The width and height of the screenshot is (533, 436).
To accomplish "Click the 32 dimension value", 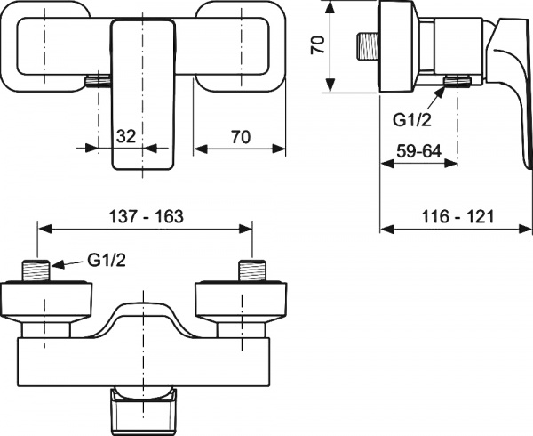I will tap(126, 136).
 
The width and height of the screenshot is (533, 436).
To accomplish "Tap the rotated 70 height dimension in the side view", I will tap(317, 46).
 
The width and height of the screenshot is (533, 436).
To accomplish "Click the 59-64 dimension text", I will tap(418, 150).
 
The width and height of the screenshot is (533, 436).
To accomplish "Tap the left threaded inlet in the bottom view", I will tap(36, 269).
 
